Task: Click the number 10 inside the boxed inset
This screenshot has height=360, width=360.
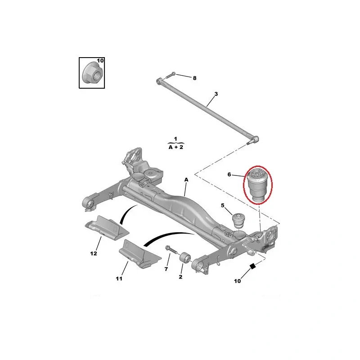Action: point(100,61)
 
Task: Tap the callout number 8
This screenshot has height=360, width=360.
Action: point(194,78)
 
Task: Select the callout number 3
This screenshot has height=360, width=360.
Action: point(216,94)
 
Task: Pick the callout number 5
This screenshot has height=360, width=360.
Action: point(223,206)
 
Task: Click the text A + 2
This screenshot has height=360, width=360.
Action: point(175,147)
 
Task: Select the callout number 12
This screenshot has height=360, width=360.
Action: point(93,253)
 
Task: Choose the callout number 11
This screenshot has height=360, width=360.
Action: point(119,279)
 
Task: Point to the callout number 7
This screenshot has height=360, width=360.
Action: point(166,269)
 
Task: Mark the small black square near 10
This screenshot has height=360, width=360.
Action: point(252,266)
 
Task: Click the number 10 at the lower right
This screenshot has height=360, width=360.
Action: point(237,281)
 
